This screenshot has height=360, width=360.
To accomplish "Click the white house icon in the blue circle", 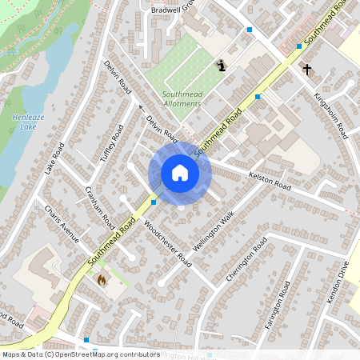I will click(180, 173).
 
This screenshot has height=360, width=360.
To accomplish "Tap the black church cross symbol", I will click(306, 70).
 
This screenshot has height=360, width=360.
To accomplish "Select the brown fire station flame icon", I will click(102, 280).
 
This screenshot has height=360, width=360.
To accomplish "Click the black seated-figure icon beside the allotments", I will click(222, 65).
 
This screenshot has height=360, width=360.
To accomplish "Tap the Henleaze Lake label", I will click(25, 122).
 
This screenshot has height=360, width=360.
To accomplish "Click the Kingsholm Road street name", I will click(333, 116).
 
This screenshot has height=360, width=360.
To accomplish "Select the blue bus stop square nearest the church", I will click(299, 46).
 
